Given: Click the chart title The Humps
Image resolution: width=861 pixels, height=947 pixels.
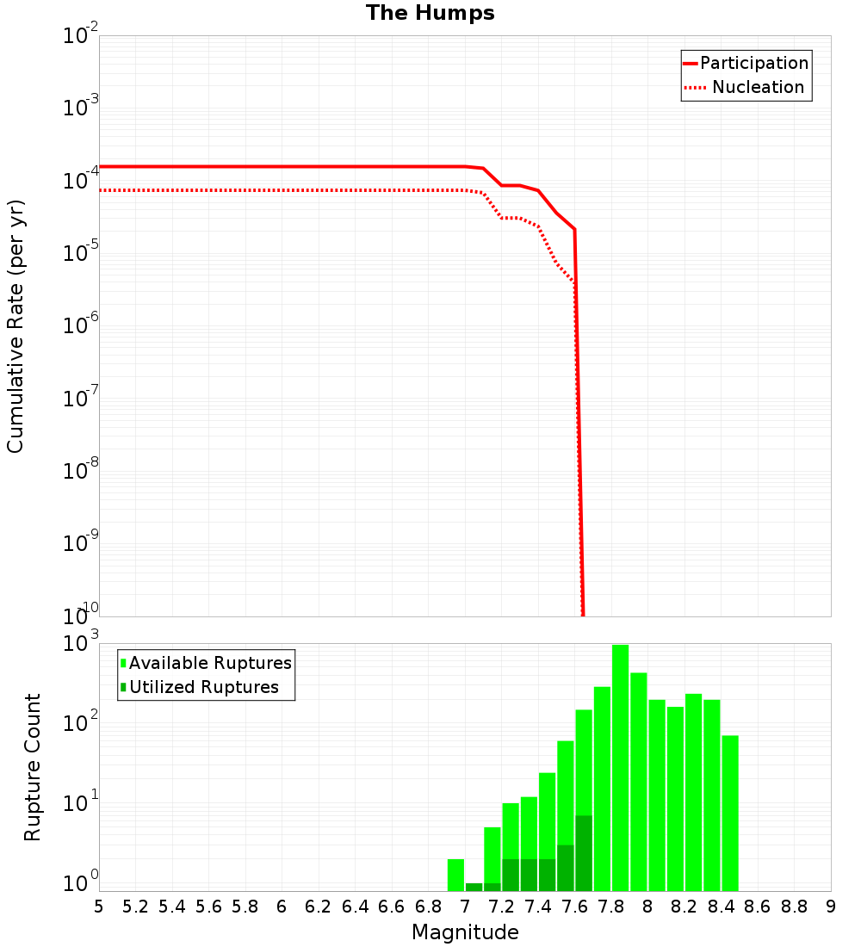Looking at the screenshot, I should point(430,13).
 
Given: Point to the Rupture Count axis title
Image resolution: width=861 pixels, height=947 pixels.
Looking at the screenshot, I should point(33,767).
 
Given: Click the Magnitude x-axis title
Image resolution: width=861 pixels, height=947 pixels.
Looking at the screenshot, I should point(465,932).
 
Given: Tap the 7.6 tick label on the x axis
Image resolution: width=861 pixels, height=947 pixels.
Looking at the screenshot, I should point(574,907).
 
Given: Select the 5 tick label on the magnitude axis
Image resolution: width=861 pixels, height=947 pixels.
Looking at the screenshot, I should point(99,907).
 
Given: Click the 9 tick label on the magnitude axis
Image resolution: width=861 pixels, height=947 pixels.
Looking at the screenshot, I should point(831,907).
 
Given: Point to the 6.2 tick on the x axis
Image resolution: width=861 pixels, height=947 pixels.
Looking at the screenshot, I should point(319,907).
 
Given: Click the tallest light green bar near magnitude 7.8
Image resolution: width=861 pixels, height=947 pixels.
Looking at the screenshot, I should point(620,766).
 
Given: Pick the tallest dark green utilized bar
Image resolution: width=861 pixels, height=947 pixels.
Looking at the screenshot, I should point(584,852).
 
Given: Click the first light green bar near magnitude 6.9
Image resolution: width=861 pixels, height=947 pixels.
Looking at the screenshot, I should point(455,875).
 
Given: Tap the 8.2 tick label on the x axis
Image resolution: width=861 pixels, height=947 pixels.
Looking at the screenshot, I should point(684,907).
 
